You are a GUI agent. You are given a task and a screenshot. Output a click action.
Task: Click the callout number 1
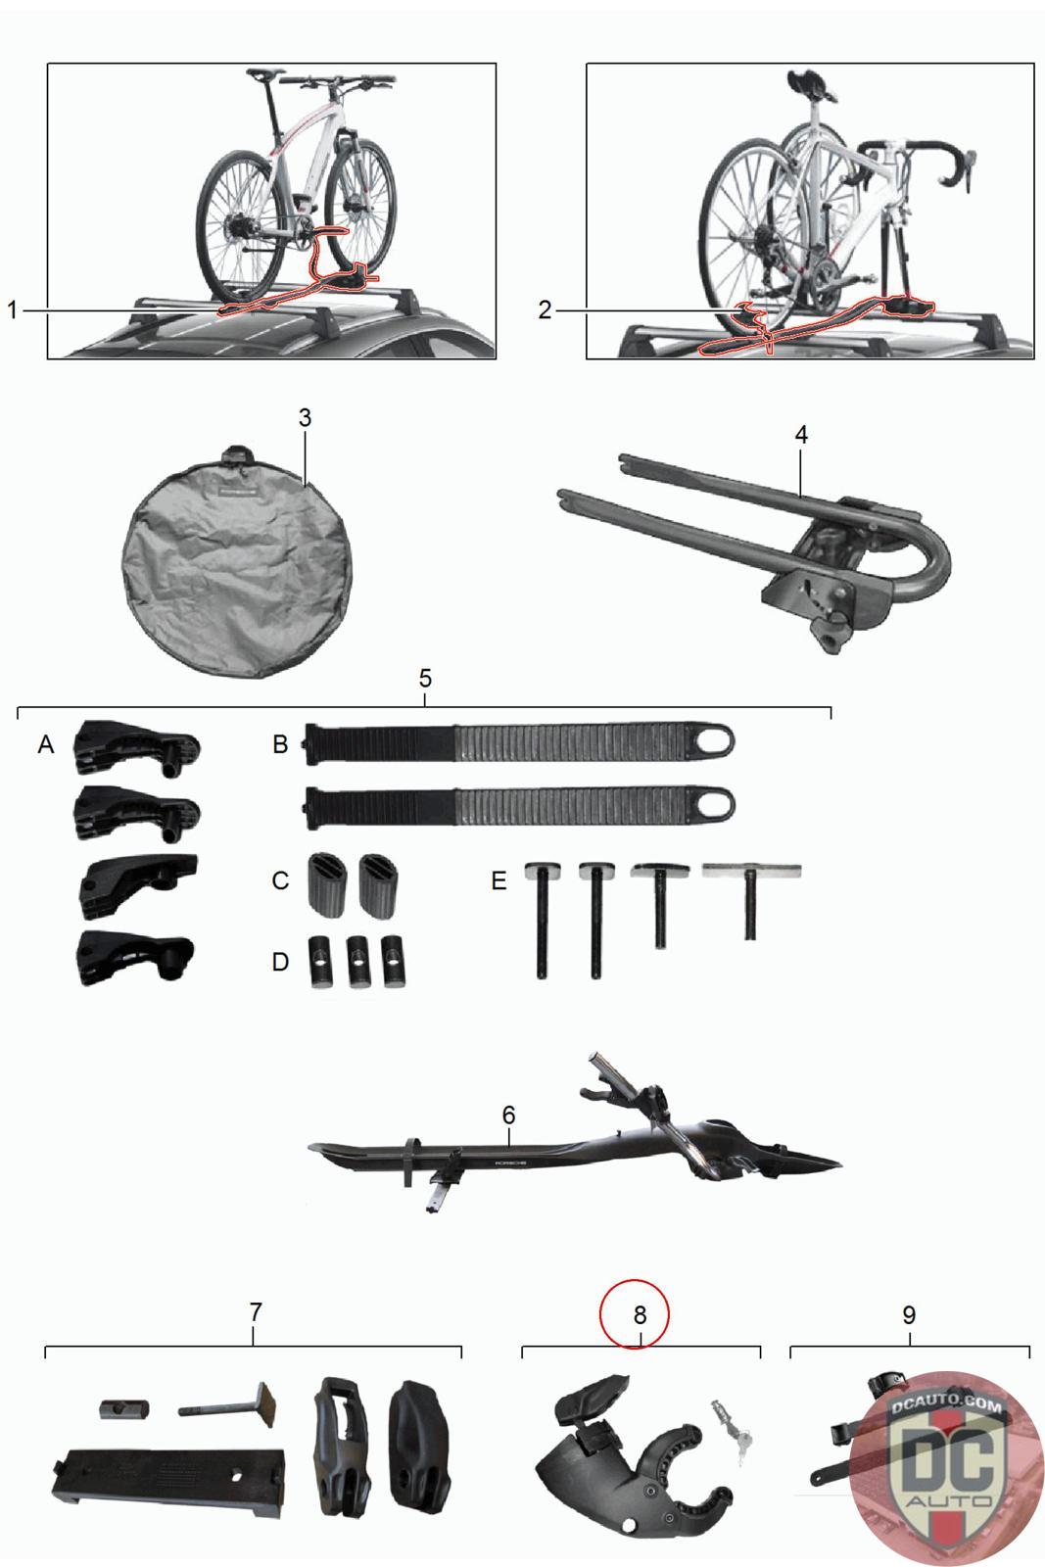tap(12, 309)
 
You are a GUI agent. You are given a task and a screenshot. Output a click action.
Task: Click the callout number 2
tap(545, 309)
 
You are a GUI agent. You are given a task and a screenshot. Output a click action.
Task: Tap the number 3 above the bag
tap(305, 417)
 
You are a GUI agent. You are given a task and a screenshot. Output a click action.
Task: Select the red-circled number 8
tap(640, 1315)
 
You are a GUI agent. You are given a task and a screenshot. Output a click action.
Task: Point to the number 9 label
tap(909, 1315)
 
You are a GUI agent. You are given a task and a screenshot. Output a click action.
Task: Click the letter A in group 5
tap(46, 744)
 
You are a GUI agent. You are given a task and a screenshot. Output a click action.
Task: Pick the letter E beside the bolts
tap(499, 880)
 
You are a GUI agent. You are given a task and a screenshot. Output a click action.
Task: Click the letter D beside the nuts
tap(280, 962)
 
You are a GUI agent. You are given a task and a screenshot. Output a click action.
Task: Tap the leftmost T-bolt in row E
tap(543, 918)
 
